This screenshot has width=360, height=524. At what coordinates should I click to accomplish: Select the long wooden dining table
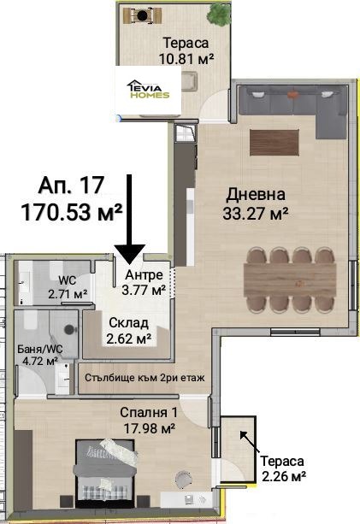click(x=292, y=281)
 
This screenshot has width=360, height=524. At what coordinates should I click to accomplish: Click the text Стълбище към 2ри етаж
click(x=145, y=377)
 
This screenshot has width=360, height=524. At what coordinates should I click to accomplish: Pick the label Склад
click(x=128, y=322)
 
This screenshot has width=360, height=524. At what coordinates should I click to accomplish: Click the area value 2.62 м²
click(x=128, y=339)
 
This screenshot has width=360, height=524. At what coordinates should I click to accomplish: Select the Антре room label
click(x=141, y=276)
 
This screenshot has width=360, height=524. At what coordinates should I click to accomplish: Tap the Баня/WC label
click(x=38, y=349)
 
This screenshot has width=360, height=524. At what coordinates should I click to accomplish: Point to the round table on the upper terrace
click(x=141, y=15)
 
